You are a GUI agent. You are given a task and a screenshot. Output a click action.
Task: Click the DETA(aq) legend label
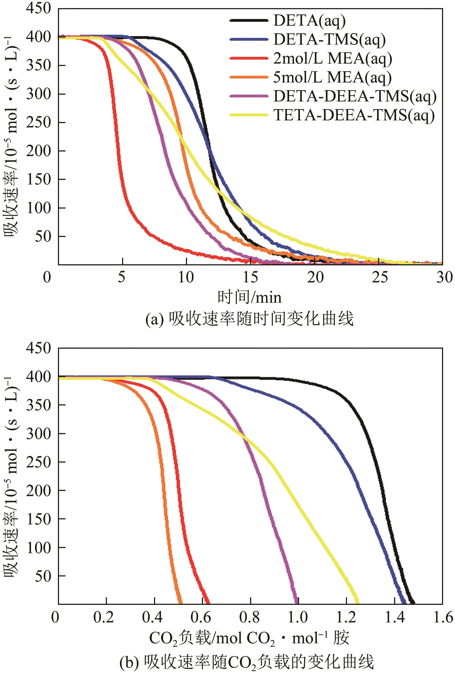tap(309, 21)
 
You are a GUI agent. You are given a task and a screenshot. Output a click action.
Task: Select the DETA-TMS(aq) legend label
tap(329, 40)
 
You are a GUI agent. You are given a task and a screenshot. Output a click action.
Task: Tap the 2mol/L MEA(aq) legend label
tap(332, 59)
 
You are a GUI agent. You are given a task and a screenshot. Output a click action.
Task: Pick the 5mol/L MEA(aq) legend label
tap(332, 78)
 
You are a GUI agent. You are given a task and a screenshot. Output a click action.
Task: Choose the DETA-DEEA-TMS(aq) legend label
tap(355, 96)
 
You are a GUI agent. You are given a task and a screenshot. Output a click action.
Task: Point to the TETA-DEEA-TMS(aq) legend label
tap(354, 116)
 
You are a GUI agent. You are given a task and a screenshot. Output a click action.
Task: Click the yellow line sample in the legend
tap(249, 115)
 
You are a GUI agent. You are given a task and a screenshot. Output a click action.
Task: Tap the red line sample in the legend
tap(249, 58)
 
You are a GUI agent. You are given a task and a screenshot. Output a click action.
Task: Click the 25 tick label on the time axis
tap(380, 278)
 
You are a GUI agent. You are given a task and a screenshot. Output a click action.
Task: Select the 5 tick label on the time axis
tap(122, 278)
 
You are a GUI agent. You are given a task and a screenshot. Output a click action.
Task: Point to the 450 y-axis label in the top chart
tap(38, 8)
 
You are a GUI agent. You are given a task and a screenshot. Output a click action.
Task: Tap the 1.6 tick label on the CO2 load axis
tap(443, 617)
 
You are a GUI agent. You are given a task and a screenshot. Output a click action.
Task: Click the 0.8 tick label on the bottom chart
tap(250, 617)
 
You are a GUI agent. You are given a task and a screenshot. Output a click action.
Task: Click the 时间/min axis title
tap(250, 297)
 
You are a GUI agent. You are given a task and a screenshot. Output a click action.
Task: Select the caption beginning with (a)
tap(250, 319)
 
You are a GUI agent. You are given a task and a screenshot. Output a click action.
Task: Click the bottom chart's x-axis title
tap(249, 638)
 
